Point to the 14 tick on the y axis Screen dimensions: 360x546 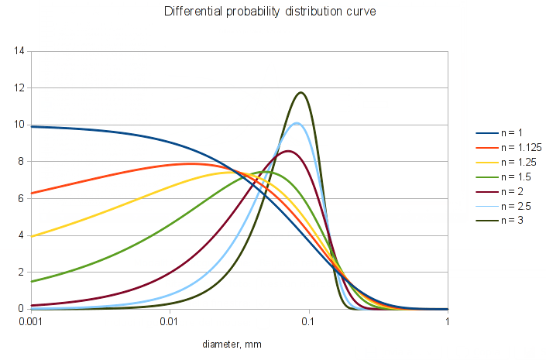pos(19,51)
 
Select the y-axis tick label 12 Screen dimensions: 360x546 pos(19,88)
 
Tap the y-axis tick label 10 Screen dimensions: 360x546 pos(19,125)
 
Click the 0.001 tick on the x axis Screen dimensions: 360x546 pos(30,321)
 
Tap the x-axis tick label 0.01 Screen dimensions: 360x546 pos(170,321)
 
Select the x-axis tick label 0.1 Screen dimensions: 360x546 pos(309,321)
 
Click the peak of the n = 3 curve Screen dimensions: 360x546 pos(300,92)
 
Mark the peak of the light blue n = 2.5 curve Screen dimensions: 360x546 pos(297,122)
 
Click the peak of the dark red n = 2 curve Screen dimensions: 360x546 pos(288,151)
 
